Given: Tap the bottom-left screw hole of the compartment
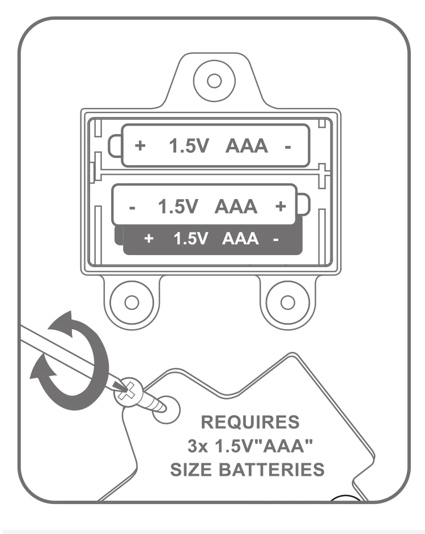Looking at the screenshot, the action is (x=130, y=302).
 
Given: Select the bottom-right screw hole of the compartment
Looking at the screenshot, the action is (x=288, y=302).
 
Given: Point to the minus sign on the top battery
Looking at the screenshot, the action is (x=288, y=147).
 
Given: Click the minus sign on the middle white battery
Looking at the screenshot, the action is (x=131, y=208).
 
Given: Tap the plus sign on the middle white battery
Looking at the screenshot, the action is (x=279, y=206).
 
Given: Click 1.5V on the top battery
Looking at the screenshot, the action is (x=190, y=147).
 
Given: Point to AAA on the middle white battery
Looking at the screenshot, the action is (x=236, y=207).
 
